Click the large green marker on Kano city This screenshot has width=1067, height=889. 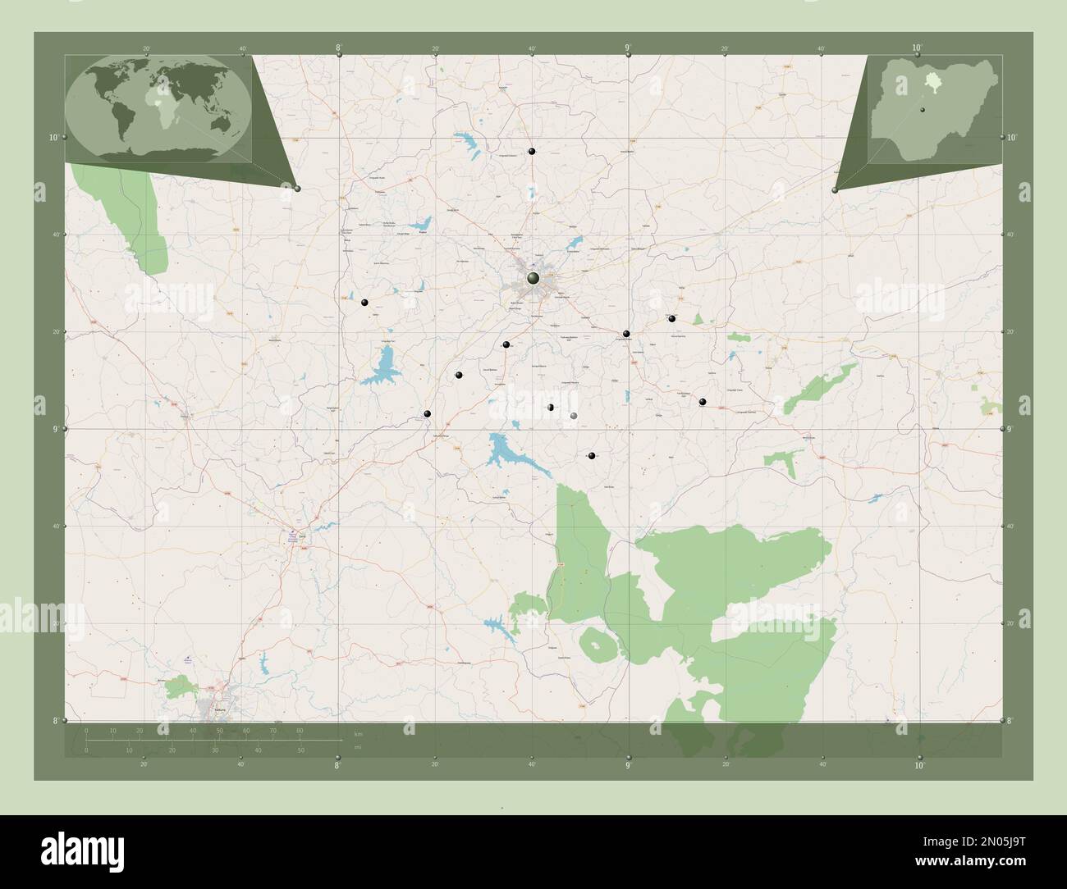(x=533, y=280)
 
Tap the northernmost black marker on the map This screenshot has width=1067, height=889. (x=532, y=152)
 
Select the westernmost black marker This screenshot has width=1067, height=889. (x=364, y=303)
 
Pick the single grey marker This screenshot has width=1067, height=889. (x=574, y=417)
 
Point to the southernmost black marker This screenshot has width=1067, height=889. (x=591, y=455)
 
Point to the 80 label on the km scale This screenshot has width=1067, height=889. (x=300, y=730)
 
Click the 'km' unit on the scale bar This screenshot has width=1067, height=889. (x=357, y=732)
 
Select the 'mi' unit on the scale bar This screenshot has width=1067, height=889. (x=357, y=748)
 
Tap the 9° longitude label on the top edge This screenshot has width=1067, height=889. (x=628, y=48)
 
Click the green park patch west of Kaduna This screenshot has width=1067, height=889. (x=176, y=687)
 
